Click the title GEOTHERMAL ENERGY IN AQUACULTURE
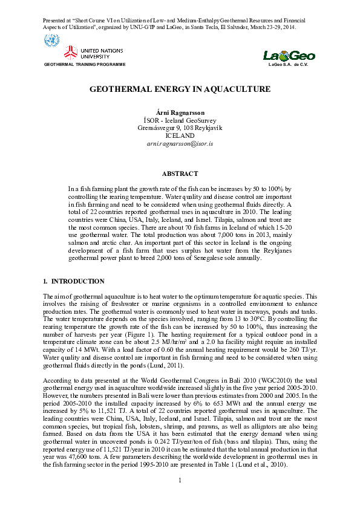(x=180, y=89)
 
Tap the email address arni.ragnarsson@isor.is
(x=180, y=143)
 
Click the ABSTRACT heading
(x=180, y=173)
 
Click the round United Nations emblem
(x=51, y=42)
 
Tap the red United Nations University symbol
(x=72, y=53)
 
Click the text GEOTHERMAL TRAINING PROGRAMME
(x=85, y=64)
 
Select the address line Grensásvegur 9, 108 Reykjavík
(x=180, y=129)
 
